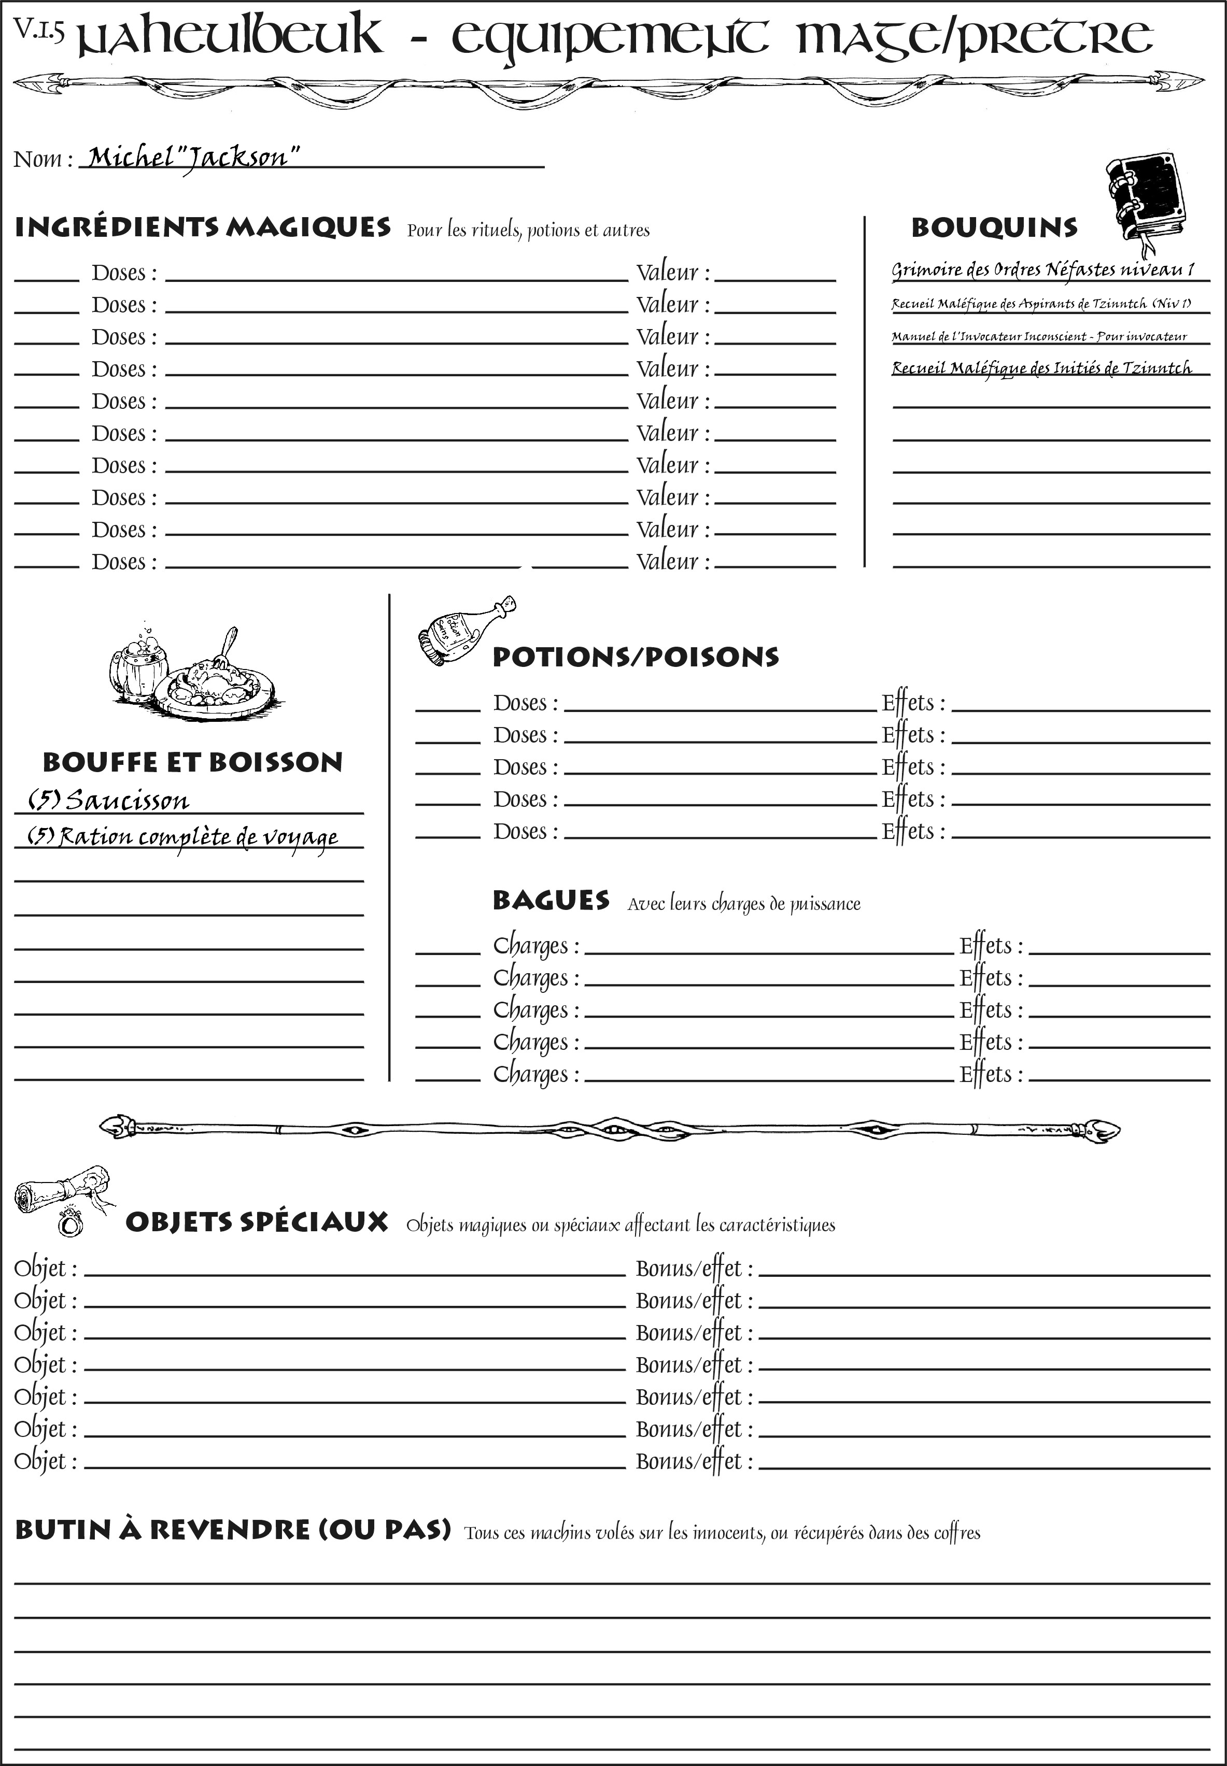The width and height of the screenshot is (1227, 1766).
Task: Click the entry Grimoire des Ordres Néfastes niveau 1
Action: tap(1042, 270)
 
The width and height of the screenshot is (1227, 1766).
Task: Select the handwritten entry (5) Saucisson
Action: tap(108, 801)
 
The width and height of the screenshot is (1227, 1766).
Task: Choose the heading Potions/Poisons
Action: tap(635, 657)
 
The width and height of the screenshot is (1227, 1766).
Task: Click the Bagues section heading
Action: tap(551, 900)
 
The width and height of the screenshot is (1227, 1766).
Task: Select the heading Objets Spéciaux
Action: tap(257, 1222)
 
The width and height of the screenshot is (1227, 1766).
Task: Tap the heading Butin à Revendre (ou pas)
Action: tap(232, 1530)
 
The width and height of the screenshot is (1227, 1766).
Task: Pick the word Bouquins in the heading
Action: tap(994, 227)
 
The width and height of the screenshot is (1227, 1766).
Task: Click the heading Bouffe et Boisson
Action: tap(192, 762)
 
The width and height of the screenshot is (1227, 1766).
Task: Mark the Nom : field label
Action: tap(43, 159)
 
